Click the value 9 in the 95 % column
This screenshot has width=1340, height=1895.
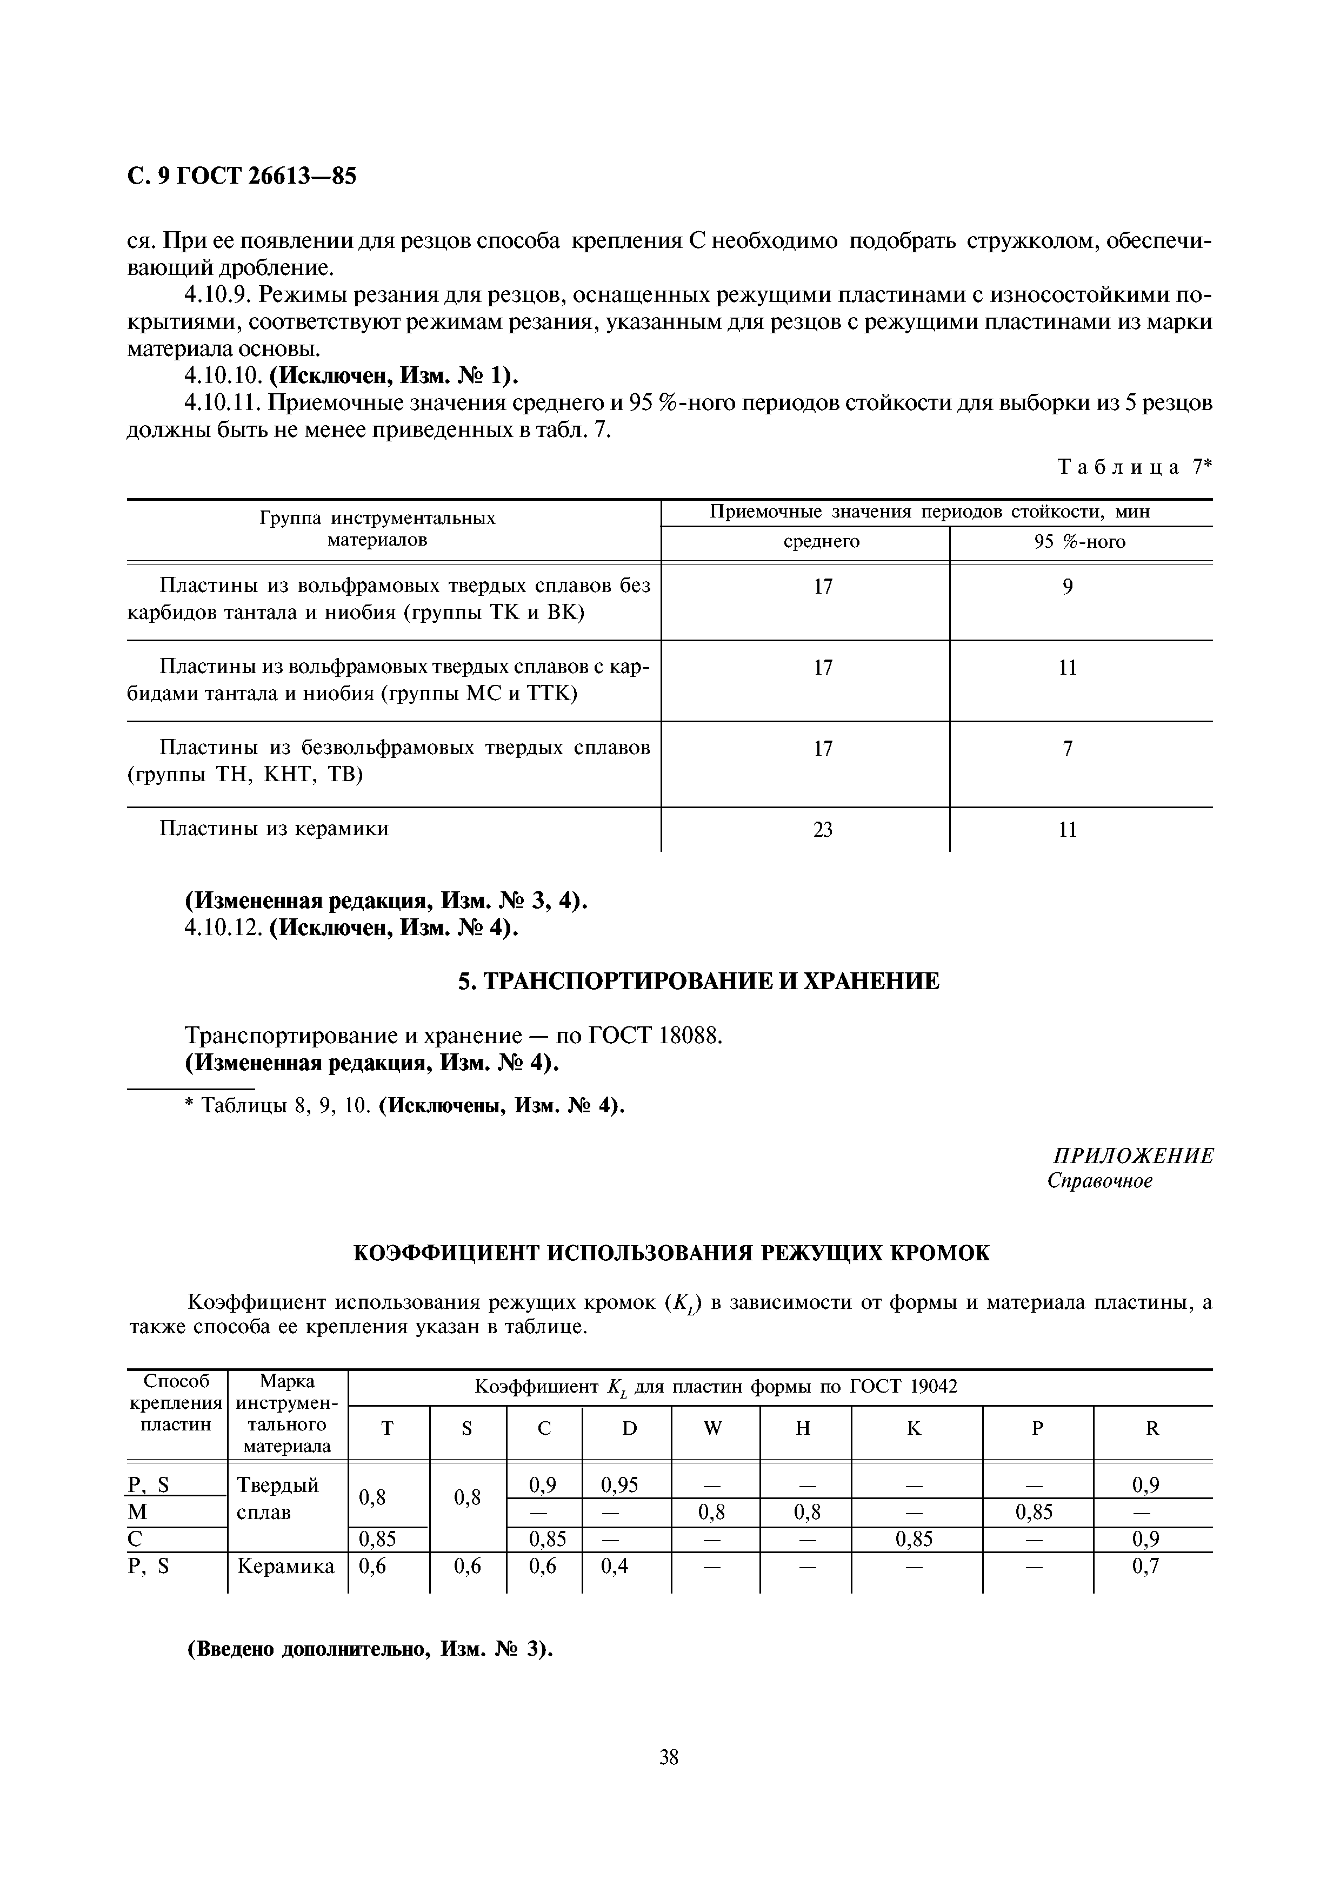click(x=1068, y=587)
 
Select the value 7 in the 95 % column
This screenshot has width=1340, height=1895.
click(x=1068, y=749)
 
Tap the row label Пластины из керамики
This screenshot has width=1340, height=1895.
click(x=274, y=828)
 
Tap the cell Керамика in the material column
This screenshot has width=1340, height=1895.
click(x=285, y=1565)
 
